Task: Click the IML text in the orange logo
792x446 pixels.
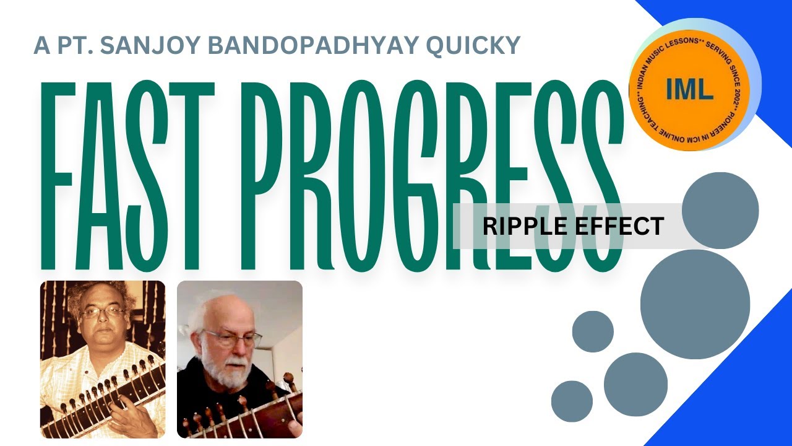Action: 690,90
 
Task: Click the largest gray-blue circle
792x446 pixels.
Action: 695,304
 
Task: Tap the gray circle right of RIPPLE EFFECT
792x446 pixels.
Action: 720,211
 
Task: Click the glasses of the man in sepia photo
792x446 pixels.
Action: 103,312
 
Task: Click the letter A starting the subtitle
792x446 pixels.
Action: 41,45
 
